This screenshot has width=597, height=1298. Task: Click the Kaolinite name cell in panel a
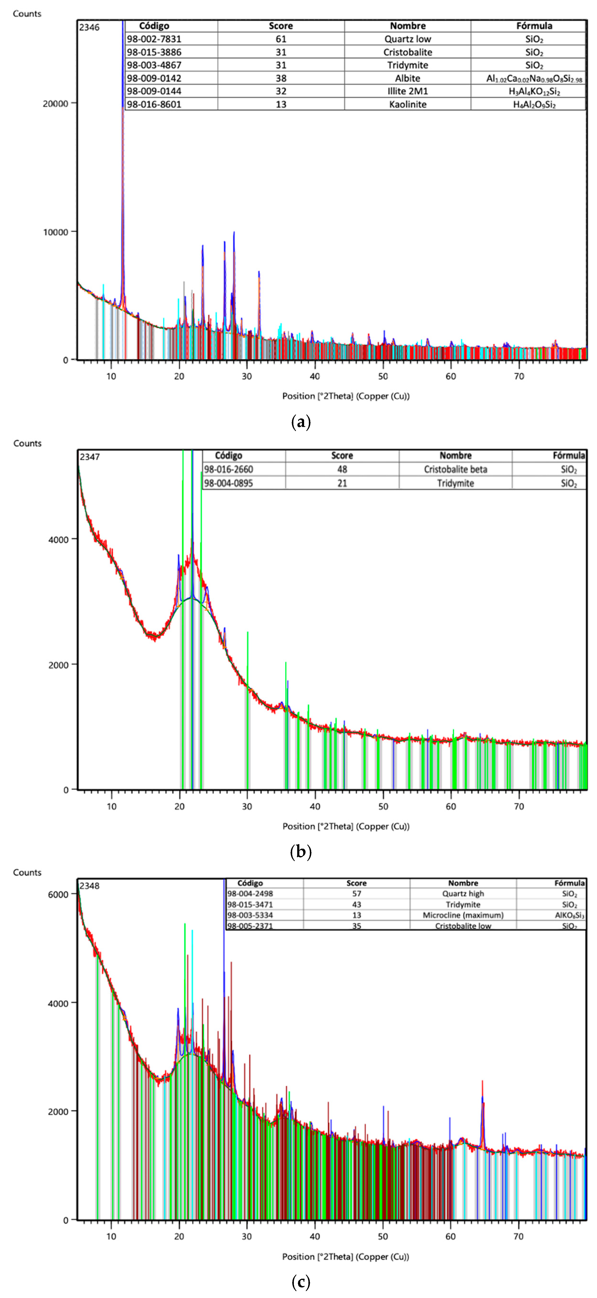[407, 104]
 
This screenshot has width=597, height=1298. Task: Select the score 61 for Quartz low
[281, 39]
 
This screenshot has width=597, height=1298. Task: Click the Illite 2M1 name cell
[407, 91]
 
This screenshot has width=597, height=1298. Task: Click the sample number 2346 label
[89, 27]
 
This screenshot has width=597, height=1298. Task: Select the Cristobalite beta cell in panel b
[455, 469]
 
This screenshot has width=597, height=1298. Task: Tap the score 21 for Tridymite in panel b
[342, 483]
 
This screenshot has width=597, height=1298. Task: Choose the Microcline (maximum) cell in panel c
[463, 915]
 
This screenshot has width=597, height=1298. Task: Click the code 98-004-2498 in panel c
[250, 893]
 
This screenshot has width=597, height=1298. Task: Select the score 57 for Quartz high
[357, 893]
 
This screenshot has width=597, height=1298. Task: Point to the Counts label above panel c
[27, 872]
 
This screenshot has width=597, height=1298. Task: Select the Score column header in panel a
[281, 26]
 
